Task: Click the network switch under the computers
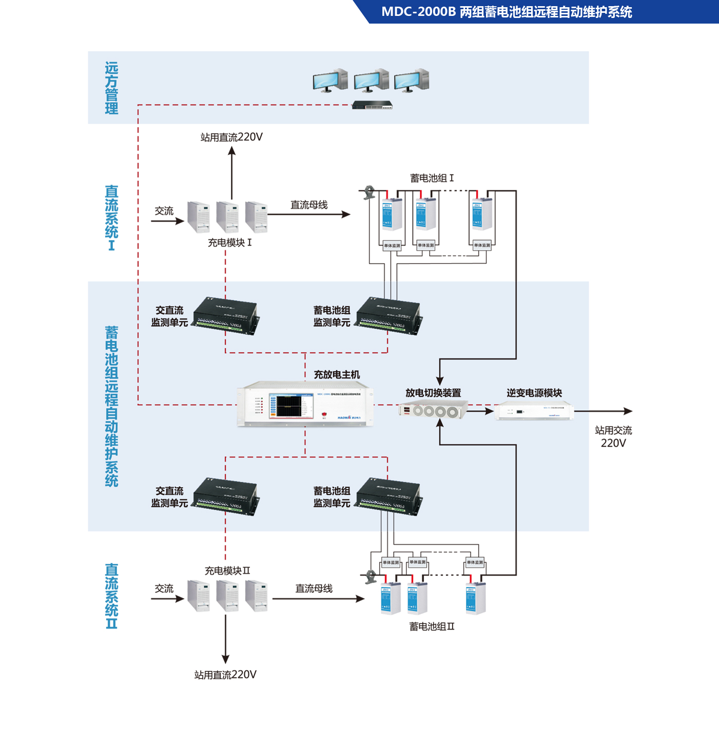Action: [372, 105]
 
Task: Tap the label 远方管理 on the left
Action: [111, 88]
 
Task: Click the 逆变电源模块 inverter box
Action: [534, 411]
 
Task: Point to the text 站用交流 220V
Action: [613, 436]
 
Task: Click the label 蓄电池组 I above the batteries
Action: [432, 178]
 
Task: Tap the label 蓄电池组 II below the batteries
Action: [432, 626]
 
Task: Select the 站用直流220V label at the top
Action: [231, 137]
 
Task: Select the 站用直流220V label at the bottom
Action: [225, 674]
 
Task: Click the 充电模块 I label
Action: [229, 242]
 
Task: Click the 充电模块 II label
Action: [227, 570]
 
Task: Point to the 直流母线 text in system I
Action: [309, 205]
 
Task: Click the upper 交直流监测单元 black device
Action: [225, 315]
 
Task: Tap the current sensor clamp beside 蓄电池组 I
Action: [368, 192]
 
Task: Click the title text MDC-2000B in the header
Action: [418, 12]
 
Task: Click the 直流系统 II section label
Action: [111, 596]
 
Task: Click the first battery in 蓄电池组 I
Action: [392, 214]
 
